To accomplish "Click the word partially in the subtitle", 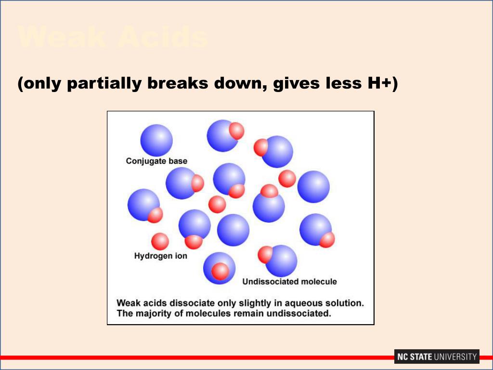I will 104,84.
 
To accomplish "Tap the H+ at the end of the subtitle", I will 379,84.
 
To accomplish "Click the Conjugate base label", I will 156,161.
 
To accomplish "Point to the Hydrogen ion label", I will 160,256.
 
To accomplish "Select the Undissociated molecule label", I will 289,281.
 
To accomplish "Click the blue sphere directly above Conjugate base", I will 156,140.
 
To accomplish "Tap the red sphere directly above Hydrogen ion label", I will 160,241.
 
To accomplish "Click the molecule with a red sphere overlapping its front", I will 219,268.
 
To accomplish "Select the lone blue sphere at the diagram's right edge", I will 313,186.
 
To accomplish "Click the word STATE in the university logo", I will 420,357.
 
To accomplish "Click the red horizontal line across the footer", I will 193,357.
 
